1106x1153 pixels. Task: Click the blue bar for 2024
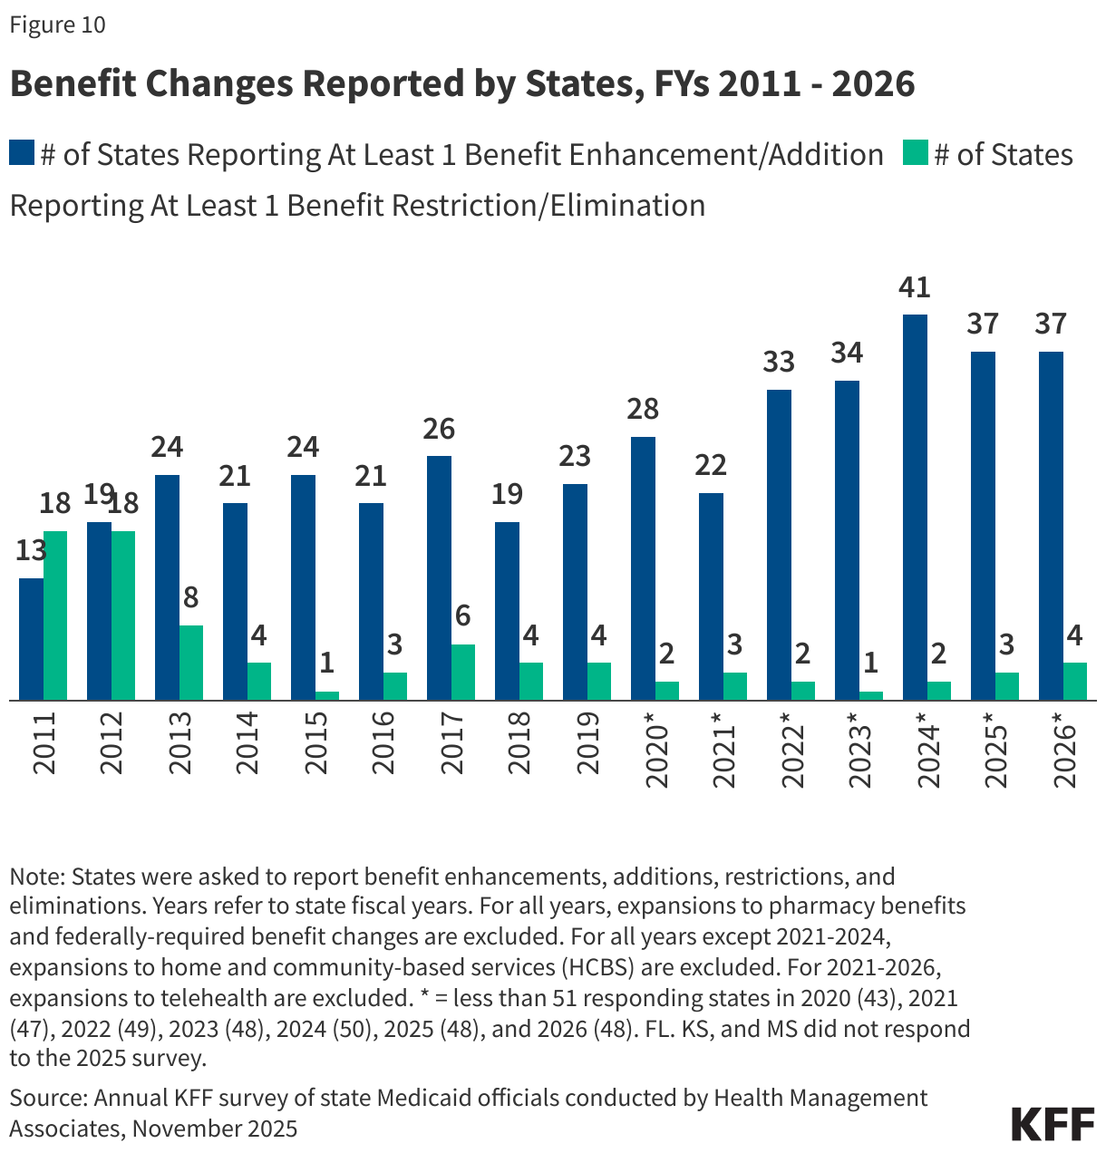click(915, 508)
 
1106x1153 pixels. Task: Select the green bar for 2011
click(55, 615)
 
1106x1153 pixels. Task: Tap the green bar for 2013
click(191, 663)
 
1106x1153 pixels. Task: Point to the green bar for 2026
click(1074, 682)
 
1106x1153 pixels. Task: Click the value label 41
click(915, 287)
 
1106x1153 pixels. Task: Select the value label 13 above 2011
click(31, 550)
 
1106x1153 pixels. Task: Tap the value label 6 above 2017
click(462, 616)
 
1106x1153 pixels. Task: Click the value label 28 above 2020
click(643, 409)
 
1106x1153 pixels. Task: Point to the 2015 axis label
click(316, 743)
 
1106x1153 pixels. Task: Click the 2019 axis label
click(588, 743)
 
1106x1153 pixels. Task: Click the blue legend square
click(22, 153)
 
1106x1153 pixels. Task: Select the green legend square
click(916, 153)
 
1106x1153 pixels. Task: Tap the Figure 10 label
click(57, 24)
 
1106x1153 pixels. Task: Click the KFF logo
click(1053, 1124)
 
